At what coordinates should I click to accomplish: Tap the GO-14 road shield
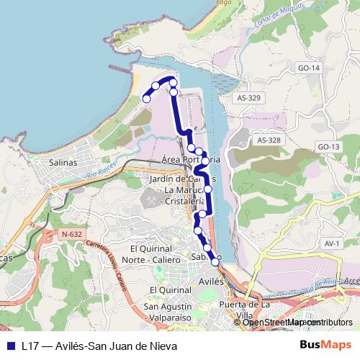coord(307,68)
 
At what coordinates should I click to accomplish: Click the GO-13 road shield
coord(328,147)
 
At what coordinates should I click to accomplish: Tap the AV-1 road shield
coord(332,244)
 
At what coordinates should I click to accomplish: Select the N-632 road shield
coord(71,234)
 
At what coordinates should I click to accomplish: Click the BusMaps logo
coord(324,346)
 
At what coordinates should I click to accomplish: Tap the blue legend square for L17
coord(10,346)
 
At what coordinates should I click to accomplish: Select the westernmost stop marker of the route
coord(147,98)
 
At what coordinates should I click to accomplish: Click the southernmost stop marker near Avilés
coord(215,262)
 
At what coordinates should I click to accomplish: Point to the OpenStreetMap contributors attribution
coord(297,323)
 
